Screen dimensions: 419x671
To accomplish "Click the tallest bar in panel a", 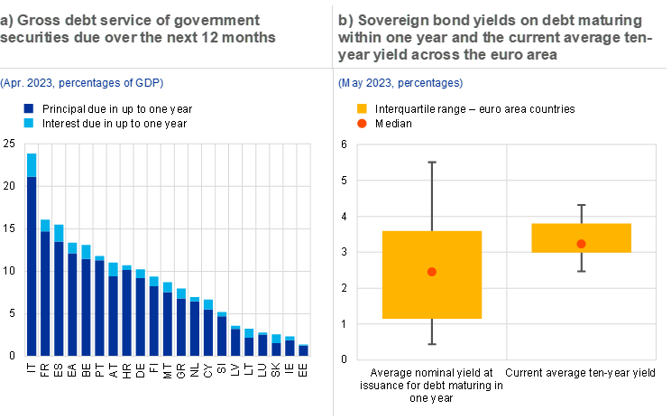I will [x=32, y=262].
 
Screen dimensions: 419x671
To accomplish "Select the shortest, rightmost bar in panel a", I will [x=303, y=350].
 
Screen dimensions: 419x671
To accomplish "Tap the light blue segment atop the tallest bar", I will [x=32, y=164].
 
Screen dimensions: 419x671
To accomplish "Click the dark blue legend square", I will [x=29, y=108].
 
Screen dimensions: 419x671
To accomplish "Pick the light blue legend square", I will [x=29, y=123].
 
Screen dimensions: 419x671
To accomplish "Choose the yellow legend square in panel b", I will [x=363, y=108].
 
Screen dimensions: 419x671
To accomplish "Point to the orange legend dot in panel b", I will [x=363, y=123].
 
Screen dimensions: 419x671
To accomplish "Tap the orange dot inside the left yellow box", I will [x=432, y=272].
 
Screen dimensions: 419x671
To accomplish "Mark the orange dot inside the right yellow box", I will [x=581, y=244].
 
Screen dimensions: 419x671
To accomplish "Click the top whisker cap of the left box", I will [x=432, y=162].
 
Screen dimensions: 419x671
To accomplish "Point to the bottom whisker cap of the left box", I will [x=432, y=344].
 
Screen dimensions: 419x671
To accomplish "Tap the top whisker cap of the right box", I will [x=581, y=206].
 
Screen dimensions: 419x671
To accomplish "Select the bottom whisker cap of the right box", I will [x=581, y=271].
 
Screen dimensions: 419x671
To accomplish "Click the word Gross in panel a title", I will [x=37, y=19].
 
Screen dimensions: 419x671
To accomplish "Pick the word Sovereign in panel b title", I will [x=391, y=19].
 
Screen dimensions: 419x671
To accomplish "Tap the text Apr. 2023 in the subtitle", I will [x=29, y=83].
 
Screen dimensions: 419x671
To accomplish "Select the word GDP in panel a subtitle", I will [x=146, y=83].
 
